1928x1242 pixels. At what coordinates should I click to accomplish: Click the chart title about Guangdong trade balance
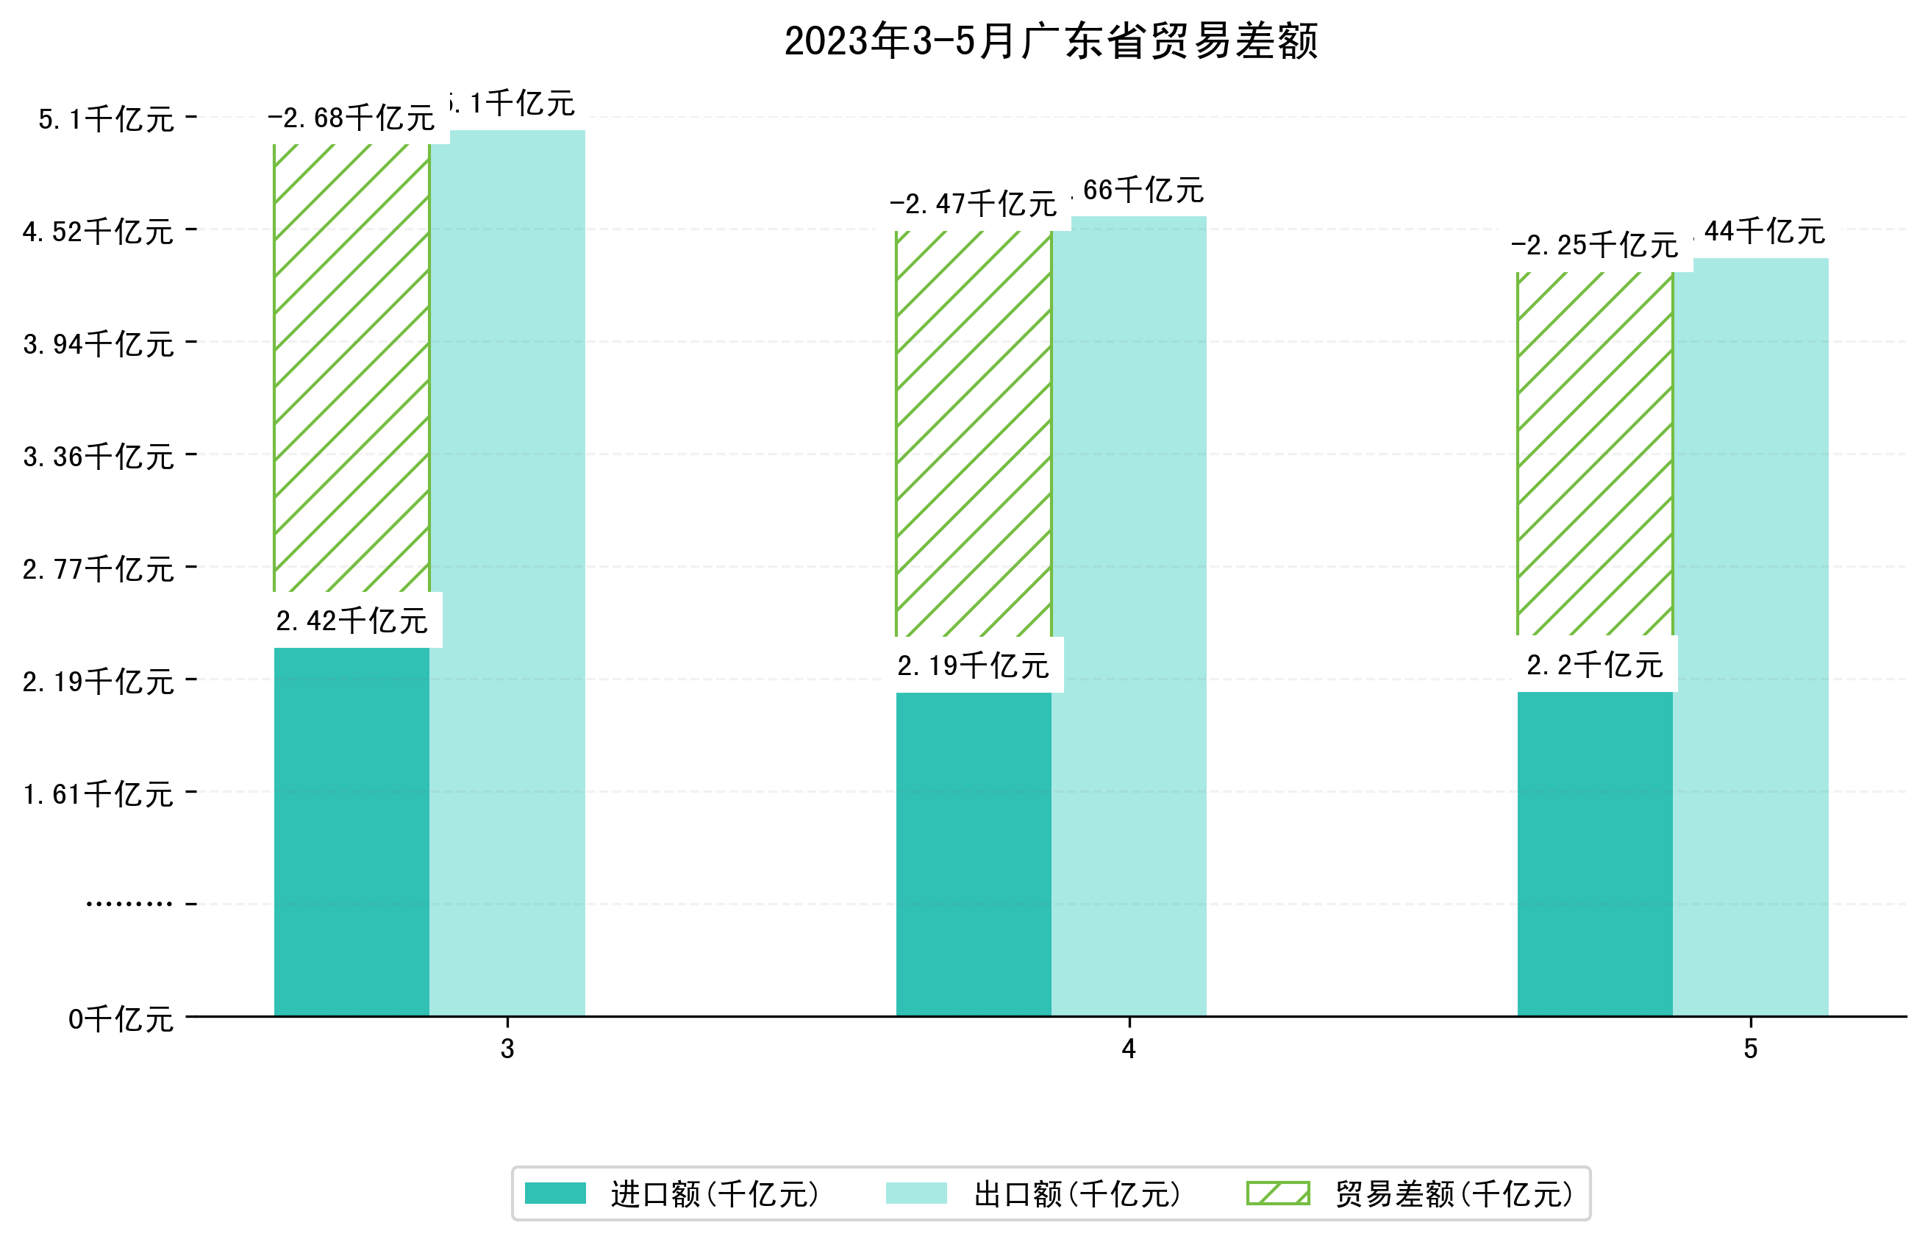pyautogui.click(x=1051, y=41)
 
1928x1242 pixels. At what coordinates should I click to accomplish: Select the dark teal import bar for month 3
pyautogui.click(x=351, y=831)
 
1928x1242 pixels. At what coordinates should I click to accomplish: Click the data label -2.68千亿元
pyautogui.click(x=351, y=118)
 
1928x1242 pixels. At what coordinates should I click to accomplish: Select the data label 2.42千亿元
pyautogui.click(x=351, y=621)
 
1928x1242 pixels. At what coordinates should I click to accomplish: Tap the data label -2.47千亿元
pyautogui.click(x=974, y=204)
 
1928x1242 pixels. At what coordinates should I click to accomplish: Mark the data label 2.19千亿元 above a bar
pyautogui.click(x=974, y=665)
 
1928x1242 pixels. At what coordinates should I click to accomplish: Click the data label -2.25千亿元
pyautogui.click(x=1594, y=244)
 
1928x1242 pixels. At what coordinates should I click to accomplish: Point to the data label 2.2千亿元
pyautogui.click(x=1594, y=665)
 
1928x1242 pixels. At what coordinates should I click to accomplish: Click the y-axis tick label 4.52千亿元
pyautogui.click(x=99, y=232)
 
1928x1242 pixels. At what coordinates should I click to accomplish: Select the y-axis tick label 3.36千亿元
pyautogui.click(x=99, y=457)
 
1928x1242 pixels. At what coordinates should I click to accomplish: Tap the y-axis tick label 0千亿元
pyautogui.click(x=121, y=1019)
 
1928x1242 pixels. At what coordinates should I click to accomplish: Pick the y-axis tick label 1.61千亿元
pyautogui.click(x=99, y=794)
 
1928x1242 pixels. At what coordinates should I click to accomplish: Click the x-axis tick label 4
pyautogui.click(x=1129, y=1049)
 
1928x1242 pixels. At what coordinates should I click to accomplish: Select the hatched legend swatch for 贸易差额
pyautogui.click(x=1277, y=1193)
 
